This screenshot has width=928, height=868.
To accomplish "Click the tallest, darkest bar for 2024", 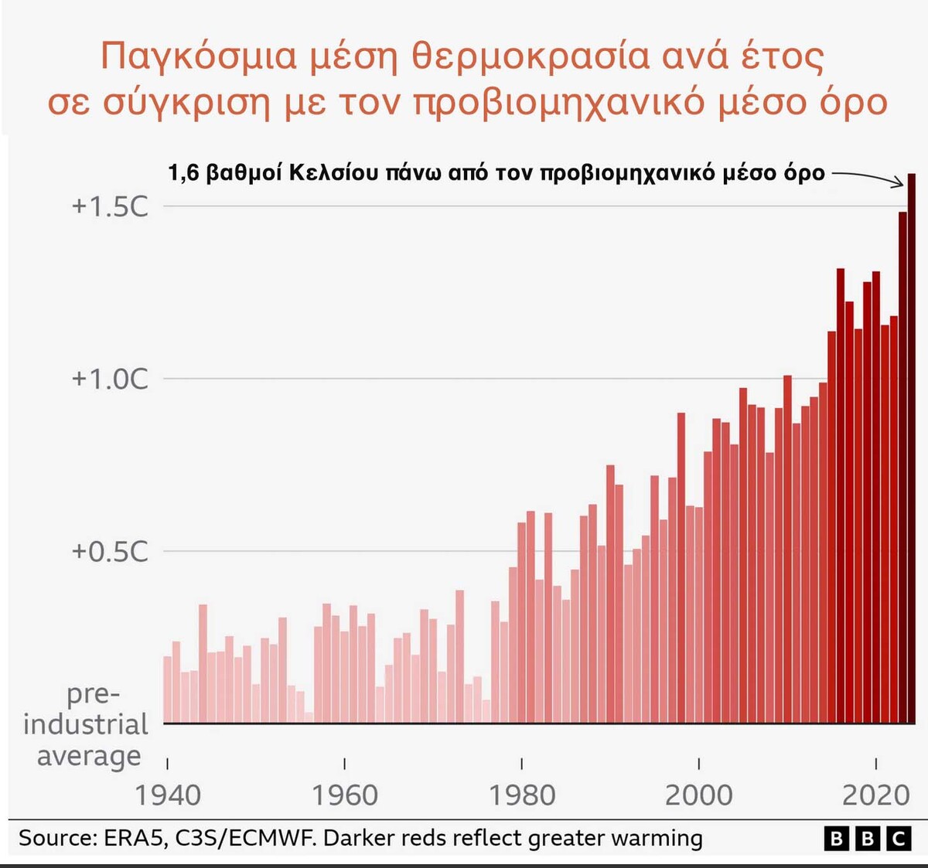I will pos(912,448).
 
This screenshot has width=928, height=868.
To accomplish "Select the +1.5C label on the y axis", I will pos(109,206).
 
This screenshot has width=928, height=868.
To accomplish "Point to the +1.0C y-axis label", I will pos(109,379).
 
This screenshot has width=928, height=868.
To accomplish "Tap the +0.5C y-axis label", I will pos(109,551).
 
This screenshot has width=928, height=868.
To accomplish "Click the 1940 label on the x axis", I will pos(168,795).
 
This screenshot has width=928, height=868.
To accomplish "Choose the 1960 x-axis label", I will pos(345,795).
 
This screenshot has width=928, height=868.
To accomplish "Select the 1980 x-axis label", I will pos(522,795).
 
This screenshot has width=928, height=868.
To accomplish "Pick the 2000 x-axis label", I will pos(699,795).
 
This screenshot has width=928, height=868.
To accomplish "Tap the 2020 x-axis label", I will pos(875,795).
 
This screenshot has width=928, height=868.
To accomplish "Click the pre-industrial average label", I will pos(87,724).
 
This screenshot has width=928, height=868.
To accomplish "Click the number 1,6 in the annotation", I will pos(183,172).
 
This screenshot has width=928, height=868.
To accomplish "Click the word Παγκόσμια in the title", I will pos(199,56).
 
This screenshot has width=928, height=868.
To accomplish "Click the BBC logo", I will pos(867,839).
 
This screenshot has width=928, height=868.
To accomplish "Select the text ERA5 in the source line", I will pos(133,839).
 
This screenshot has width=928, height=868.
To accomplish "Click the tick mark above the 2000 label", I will pos(699,764).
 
